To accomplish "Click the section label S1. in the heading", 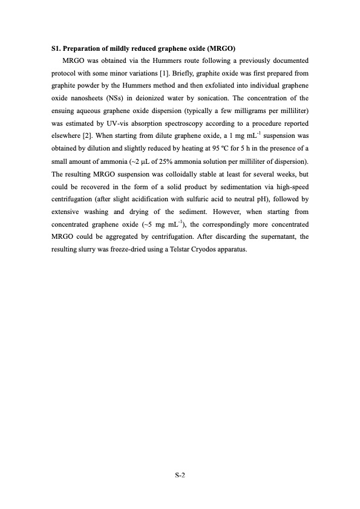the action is (56, 48).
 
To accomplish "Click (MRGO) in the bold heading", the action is (221, 48).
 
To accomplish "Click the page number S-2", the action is (180, 475).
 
